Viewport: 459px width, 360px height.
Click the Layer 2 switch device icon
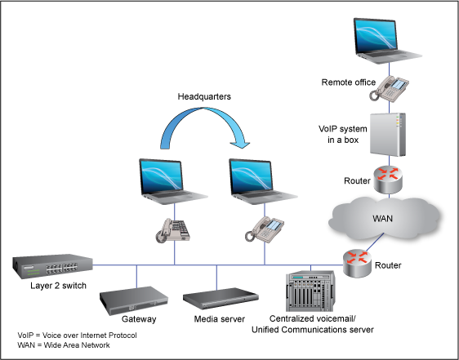53,266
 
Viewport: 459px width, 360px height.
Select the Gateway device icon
134,300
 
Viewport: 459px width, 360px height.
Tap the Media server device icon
221,298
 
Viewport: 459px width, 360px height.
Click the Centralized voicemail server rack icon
310,291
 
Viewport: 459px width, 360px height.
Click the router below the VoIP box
389,179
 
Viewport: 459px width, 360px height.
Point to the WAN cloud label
382,218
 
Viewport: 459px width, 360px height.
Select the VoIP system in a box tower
388,135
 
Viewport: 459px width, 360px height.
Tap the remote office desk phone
389,88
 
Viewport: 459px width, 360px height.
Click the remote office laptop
387,41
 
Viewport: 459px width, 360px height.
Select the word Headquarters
204,96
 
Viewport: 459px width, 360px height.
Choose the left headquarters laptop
173,181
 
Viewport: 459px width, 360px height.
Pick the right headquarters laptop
263,181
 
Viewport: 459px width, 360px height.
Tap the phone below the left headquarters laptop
173,231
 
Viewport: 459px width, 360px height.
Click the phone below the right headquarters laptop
265,229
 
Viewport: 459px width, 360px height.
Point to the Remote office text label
349,82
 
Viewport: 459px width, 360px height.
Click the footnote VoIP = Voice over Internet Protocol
77,336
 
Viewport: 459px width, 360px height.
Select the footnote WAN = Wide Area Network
64,345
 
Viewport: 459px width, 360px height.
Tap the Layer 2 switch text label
58,286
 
